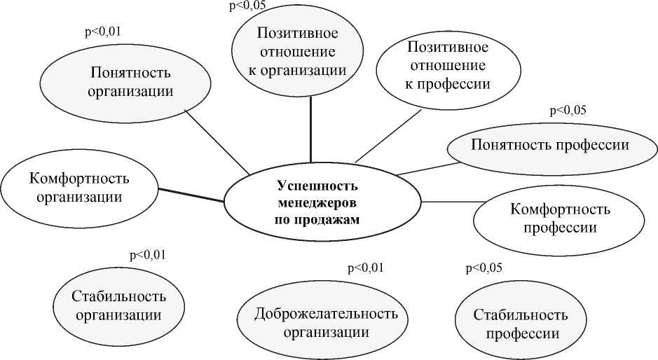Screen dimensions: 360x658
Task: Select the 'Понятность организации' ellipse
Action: (131, 82)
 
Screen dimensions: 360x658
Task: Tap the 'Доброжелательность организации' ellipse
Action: (326, 321)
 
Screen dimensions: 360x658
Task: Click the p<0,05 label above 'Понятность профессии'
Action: (568, 110)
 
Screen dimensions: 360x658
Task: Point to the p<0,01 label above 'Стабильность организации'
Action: (148, 255)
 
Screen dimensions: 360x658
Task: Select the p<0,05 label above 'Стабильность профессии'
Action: (484, 268)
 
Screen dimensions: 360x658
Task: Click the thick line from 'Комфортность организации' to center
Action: (191, 195)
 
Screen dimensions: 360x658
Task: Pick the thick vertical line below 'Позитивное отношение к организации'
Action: (310, 126)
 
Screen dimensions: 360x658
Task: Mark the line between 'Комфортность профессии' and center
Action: (448, 202)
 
